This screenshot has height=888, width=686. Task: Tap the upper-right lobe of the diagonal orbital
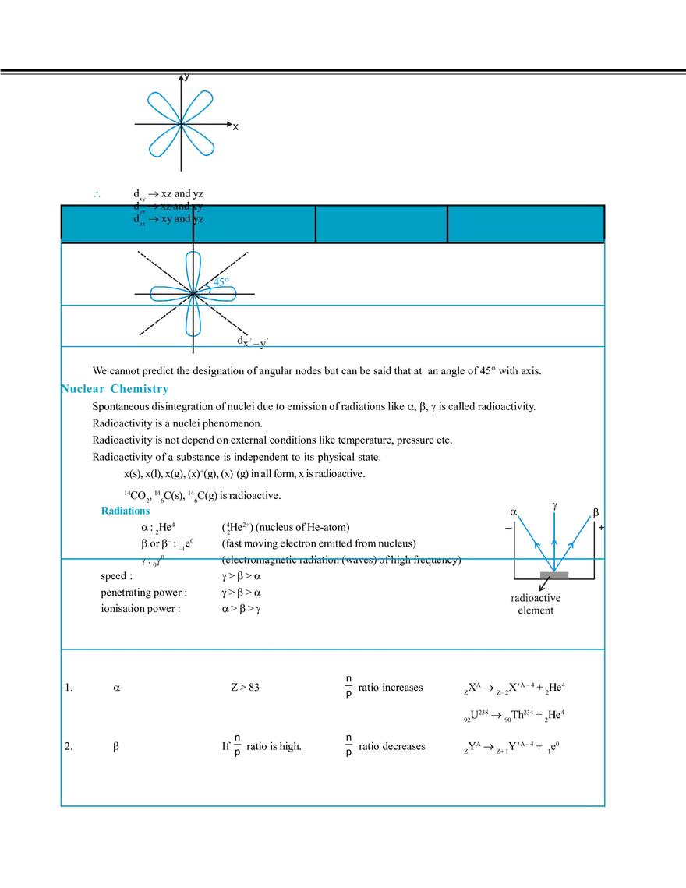(x=200, y=104)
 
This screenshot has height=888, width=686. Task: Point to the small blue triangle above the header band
(x=96, y=193)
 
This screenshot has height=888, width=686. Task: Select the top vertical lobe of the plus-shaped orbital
(x=192, y=268)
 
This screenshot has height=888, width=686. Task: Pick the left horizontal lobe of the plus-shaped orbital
(x=167, y=294)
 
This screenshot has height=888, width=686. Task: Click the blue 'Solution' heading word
(x=125, y=511)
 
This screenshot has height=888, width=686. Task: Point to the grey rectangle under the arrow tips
(x=553, y=573)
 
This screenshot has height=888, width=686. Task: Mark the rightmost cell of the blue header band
(x=525, y=224)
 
